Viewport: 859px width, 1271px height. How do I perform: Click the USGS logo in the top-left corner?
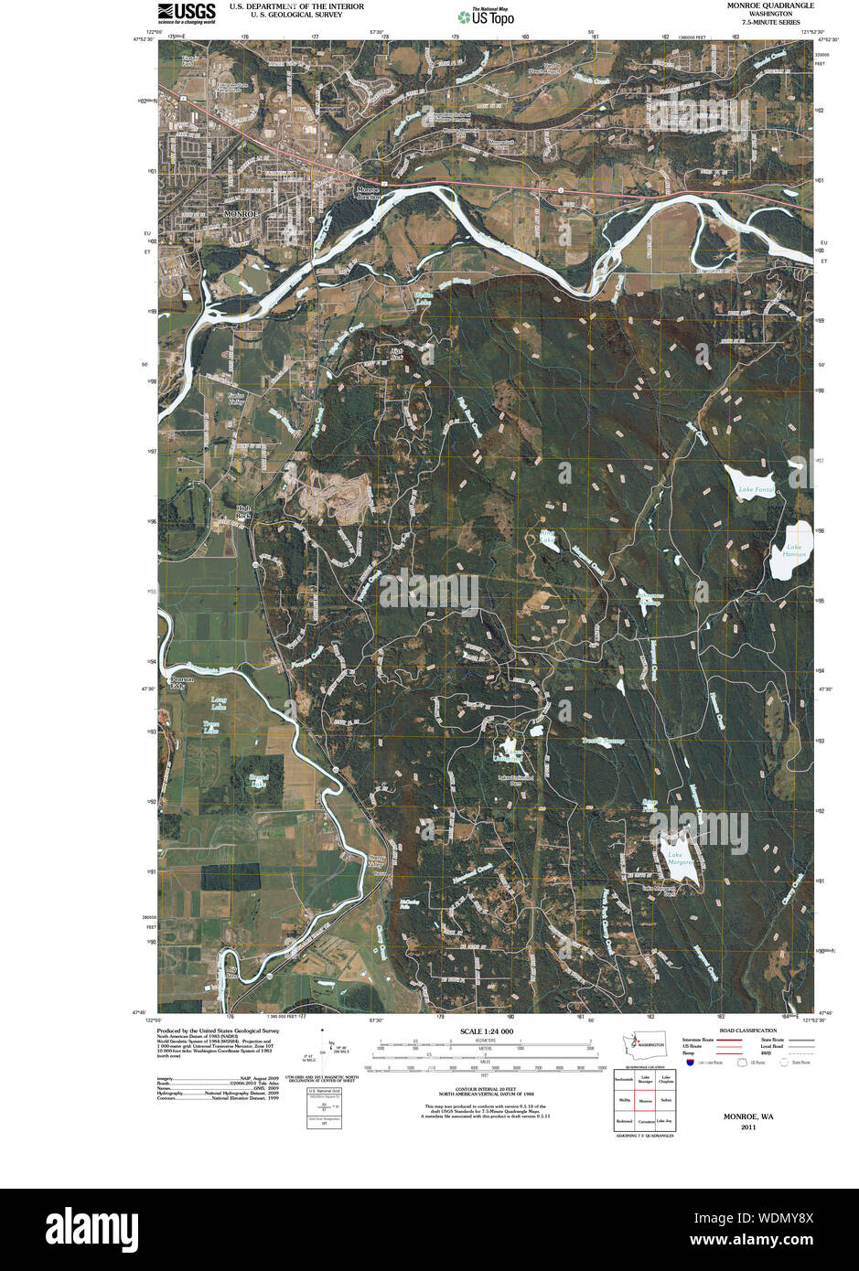[x=187, y=12]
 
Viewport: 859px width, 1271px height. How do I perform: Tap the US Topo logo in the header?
[x=486, y=16]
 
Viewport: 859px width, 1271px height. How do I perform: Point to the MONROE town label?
[x=242, y=213]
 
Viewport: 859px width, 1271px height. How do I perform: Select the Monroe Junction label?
[x=368, y=193]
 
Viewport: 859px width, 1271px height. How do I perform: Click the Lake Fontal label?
[x=757, y=490]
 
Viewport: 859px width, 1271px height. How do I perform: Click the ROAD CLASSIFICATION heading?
[x=747, y=1031]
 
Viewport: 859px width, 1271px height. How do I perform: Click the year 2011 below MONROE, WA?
[x=748, y=1127]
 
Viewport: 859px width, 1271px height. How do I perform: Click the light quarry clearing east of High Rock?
[x=335, y=497]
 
